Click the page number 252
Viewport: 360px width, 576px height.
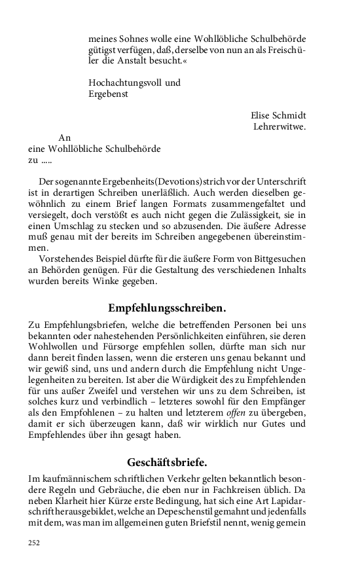click(34, 543)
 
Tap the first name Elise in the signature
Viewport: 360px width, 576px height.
click(254, 115)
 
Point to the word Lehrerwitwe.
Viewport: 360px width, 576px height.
click(279, 126)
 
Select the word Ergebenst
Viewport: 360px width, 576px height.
click(108, 94)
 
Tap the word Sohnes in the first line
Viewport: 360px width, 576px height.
click(135, 38)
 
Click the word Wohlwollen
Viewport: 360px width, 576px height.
click(53, 345)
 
